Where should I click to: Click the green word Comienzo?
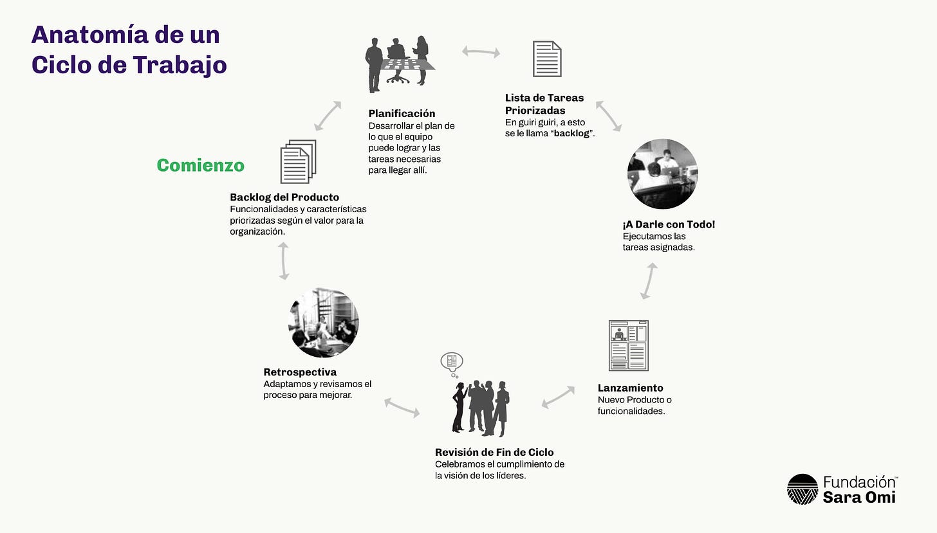point(200,165)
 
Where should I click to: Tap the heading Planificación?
point(402,114)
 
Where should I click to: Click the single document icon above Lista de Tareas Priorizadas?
point(547,59)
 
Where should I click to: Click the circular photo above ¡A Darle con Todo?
point(662,174)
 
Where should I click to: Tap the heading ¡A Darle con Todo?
point(669,224)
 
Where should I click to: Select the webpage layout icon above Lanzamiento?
point(628,345)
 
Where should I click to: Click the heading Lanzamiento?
point(630,388)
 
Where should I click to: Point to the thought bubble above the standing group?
point(452,363)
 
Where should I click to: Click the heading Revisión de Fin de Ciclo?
point(494,452)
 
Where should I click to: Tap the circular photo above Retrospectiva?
point(323,323)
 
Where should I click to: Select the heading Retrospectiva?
point(300,372)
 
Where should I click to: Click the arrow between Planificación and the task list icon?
point(481,51)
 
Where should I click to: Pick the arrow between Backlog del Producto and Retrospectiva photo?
point(284,262)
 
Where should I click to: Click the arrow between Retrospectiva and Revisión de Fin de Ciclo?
point(402,407)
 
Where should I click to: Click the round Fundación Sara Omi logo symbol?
point(802,489)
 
